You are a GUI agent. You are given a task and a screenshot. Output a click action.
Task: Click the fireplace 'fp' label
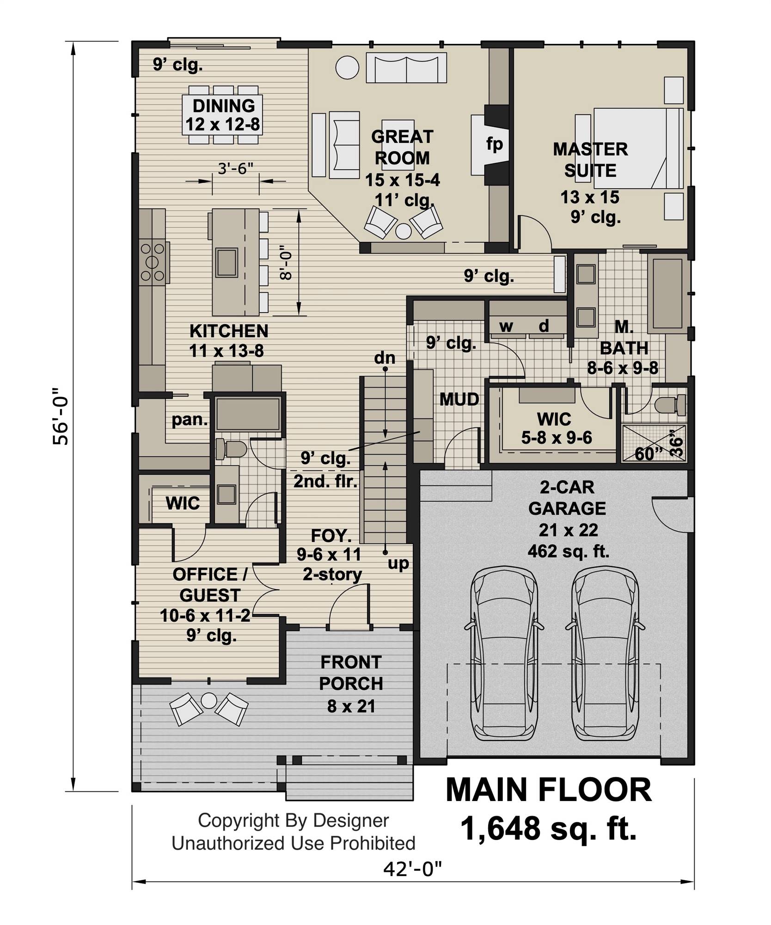coord(494,145)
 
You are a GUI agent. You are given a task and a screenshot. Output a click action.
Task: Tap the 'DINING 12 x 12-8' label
coord(223,115)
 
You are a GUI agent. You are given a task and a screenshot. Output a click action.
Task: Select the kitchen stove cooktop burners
coord(153,262)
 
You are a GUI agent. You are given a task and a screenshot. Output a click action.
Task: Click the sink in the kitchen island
coord(226,262)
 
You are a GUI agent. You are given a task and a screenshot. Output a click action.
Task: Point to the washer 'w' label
coord(506,326)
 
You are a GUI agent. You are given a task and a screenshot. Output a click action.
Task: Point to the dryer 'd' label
coord(544,326)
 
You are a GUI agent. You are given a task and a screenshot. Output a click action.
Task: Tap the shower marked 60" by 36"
coord(653,443)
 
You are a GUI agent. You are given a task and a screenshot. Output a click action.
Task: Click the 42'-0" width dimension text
coord(412,869)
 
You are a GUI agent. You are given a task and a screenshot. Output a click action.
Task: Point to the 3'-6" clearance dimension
coord(236,168)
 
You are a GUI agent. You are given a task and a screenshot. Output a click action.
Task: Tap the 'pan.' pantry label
coord(190,419)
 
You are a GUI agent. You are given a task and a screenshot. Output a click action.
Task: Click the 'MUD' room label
coord(459,399)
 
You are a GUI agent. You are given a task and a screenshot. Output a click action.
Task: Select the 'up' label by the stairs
coord(398,563)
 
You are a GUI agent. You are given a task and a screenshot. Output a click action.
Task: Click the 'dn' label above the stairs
coord(385,358)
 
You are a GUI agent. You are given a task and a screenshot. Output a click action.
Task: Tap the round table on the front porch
coord(209,700)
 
